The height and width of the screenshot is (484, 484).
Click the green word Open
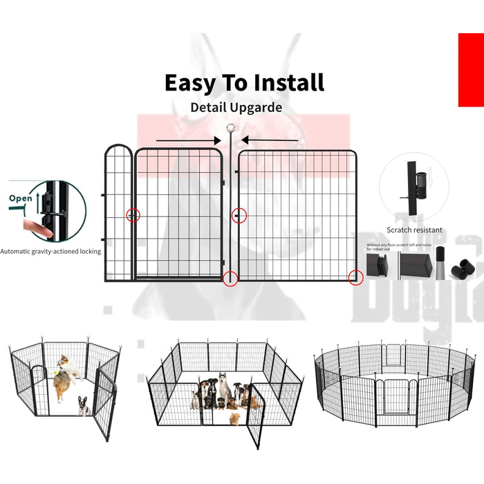pos(21,198)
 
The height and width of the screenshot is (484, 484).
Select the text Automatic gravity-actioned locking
pos(50,252)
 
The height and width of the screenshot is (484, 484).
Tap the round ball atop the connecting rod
pos(231,129)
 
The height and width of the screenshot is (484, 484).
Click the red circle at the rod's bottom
pos(231,279)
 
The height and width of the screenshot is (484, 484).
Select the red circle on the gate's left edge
pos(133,215)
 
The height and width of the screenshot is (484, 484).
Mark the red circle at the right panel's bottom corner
pos(355,278)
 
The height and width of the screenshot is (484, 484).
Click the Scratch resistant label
pos(414,230)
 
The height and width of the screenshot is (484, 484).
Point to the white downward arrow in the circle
pos(430,181)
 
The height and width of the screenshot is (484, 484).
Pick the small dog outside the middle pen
pos(235,418)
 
